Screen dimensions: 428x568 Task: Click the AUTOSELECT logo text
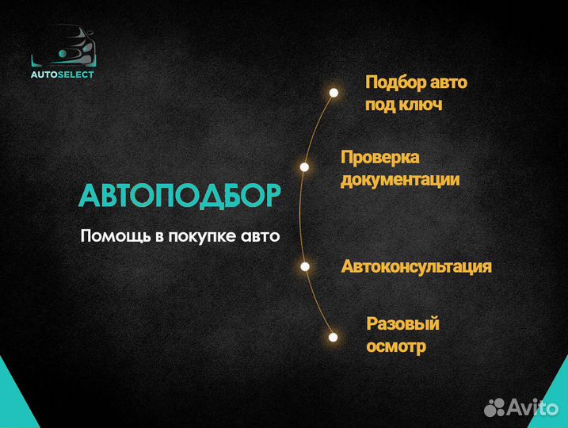63,75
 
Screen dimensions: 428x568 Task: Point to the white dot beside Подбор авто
334,93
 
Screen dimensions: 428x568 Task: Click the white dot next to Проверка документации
304,167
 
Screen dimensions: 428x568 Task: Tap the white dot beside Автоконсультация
304,266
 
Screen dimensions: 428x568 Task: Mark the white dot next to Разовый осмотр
334,335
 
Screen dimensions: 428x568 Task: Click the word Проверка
379,157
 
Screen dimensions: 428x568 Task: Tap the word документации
400,179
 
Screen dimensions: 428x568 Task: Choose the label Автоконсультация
417,266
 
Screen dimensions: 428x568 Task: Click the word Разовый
402,323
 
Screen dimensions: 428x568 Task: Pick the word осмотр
395,346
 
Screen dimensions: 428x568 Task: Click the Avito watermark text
535,407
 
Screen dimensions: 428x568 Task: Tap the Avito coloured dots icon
495,407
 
